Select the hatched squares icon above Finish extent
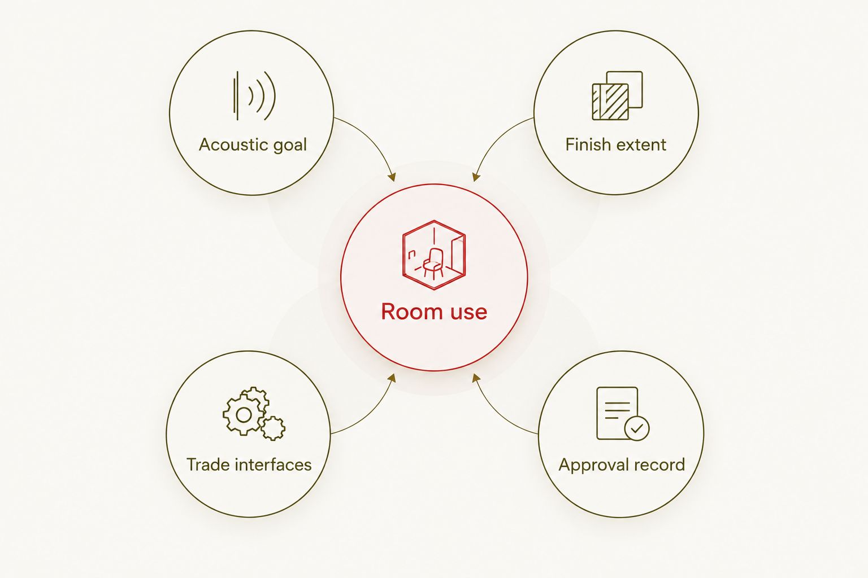tap(617, 95)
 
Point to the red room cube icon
tap(434, 255)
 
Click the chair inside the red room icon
tap(433, 263)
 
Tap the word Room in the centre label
tap(411, 312)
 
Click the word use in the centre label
tap(468, 313)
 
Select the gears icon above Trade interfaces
tap(254, 414)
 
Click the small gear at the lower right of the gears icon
tap(273, 428)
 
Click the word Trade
tap(209, 465)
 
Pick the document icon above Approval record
tap(623, 414)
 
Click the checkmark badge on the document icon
tap(637, 428)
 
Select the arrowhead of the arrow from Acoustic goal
tap(392, 177)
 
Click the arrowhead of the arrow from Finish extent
tap(476, 177)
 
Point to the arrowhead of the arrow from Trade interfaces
tap(392, 378)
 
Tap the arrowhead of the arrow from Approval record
tap(476, 378)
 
